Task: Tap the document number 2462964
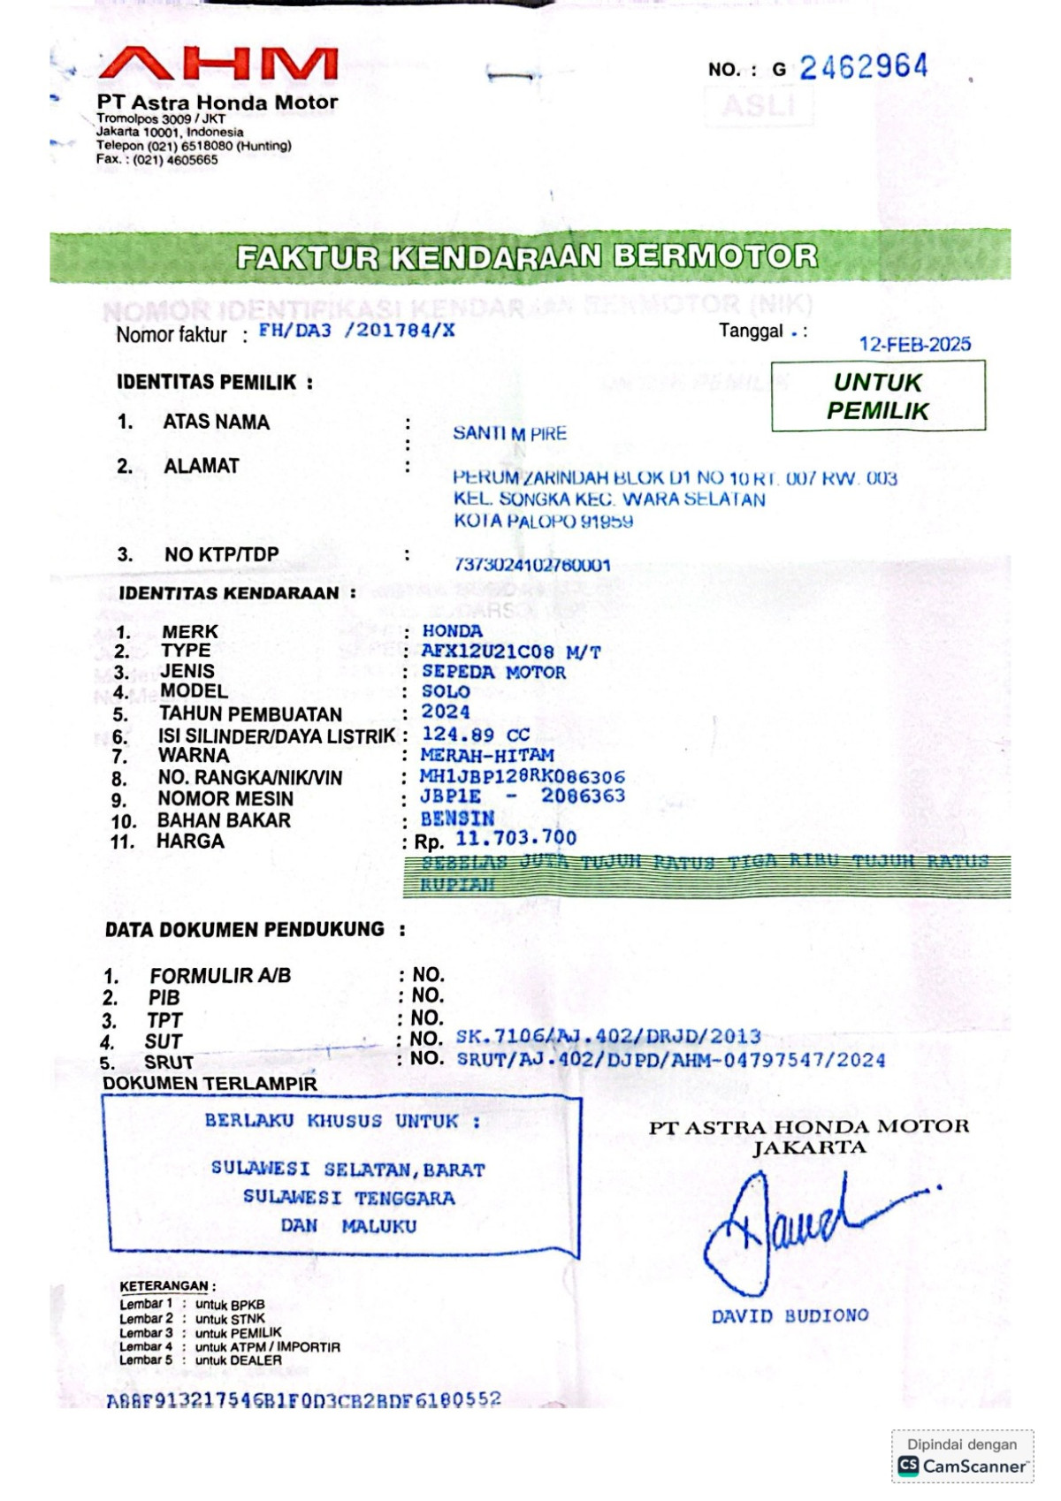[x=863, y=67]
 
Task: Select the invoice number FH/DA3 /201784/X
[x=356, y=331]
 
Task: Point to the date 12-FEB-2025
[x=914, y=344]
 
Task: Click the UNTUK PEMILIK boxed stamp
[x=878, y=396]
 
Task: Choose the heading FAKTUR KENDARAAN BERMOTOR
[x=527, y=257]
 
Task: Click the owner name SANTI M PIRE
[x=509, y=433]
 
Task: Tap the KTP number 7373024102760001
[x=532, y=565]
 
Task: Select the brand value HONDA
[x=452, y=631]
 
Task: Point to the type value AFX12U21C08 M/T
[x=511, y=652]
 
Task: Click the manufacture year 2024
[x=446, y=712]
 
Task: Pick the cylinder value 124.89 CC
[x=476, y=735]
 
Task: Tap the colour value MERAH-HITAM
[x=487, y=756]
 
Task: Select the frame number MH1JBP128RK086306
[x=522, y=777]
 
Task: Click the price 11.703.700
[x=515, y=838]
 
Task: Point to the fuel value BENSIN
[x=457, y=819]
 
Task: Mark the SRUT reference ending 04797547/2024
[x=670, y=1059]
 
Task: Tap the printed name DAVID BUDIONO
[x=790, y=1316]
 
